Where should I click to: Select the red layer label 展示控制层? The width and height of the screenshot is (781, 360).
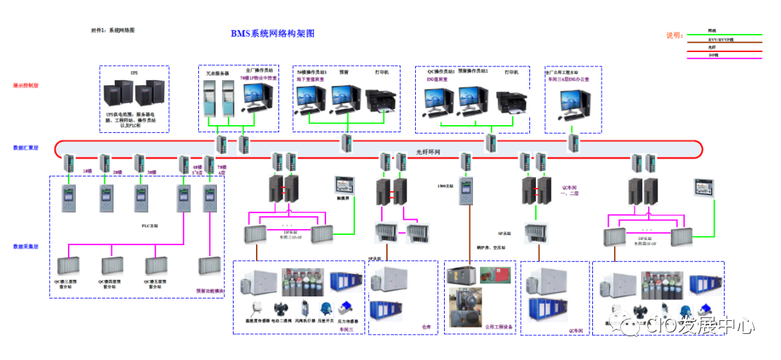point(26,85)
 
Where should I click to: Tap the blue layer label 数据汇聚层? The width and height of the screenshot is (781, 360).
point(26,147)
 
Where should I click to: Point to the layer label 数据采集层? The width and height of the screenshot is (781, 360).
point(26,247)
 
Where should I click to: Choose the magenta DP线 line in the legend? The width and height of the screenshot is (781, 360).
point(730,55)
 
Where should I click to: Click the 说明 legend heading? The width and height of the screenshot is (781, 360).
point(674,35)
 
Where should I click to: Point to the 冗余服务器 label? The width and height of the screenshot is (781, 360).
point(215,73)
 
